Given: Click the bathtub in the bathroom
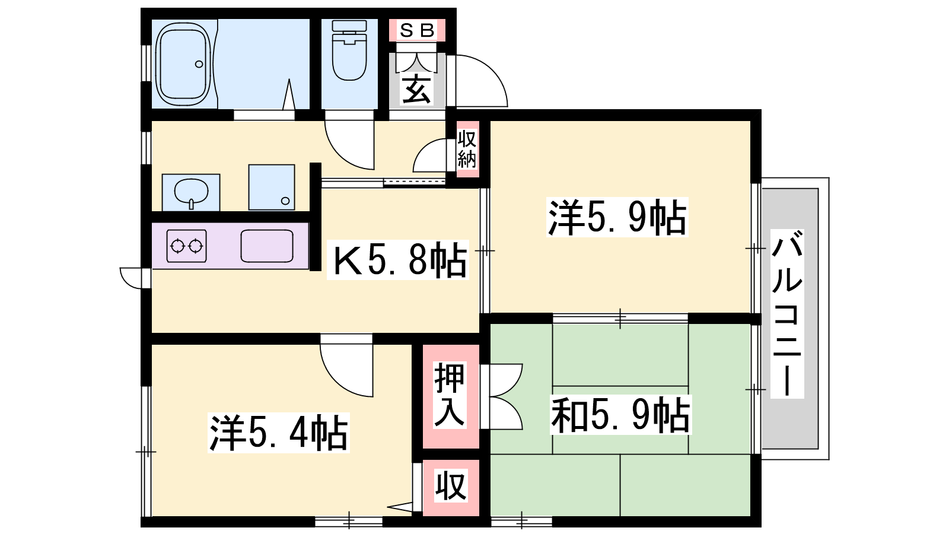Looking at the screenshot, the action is [x=184, y=65].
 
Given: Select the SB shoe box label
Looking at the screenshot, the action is [x=417, y=30].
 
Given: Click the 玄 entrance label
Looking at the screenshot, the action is [x=417, y=89].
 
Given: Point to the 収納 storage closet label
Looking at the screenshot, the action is [x=467, y=148].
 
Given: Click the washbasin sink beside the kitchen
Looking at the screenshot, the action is [x=191, y=192].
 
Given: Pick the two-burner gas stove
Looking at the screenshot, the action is [x=186, y=246].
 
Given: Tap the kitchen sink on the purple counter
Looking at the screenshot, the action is [x=267, y=246].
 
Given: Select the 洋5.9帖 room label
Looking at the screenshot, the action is [x=617, y=217].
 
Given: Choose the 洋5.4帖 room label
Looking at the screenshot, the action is [x=278, y=433].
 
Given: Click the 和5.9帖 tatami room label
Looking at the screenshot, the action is [x=620, y=415].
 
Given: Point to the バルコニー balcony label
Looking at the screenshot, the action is [x=786, y=314].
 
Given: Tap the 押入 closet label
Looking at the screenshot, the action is [x=450, y=395].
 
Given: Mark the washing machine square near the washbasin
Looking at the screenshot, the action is [x=272, y=187].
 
